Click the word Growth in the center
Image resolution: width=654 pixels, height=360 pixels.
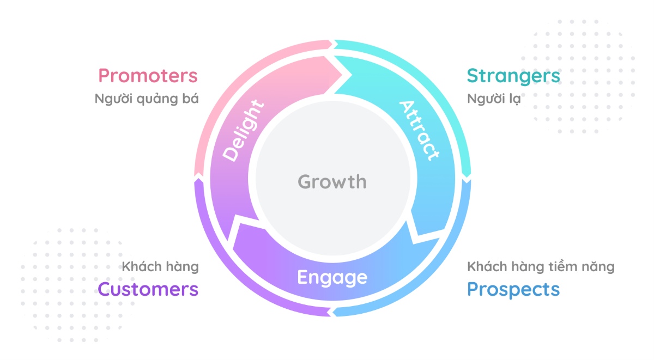[x=332, y=181]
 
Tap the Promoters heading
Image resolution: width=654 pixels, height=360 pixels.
[x=148, y=76]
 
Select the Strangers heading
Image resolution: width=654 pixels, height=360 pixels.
[x=513, y=76]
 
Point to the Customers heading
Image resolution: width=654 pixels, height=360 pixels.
[x=148, y=289]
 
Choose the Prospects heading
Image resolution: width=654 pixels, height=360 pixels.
[x=513, y=289]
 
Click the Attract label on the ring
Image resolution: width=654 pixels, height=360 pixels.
[x=419, y=130]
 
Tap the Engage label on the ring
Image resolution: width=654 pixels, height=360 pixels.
[x=332, y=277]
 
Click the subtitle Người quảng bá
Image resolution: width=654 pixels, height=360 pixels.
[x=146, y=100]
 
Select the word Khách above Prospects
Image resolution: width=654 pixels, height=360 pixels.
[x=485, y=267]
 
